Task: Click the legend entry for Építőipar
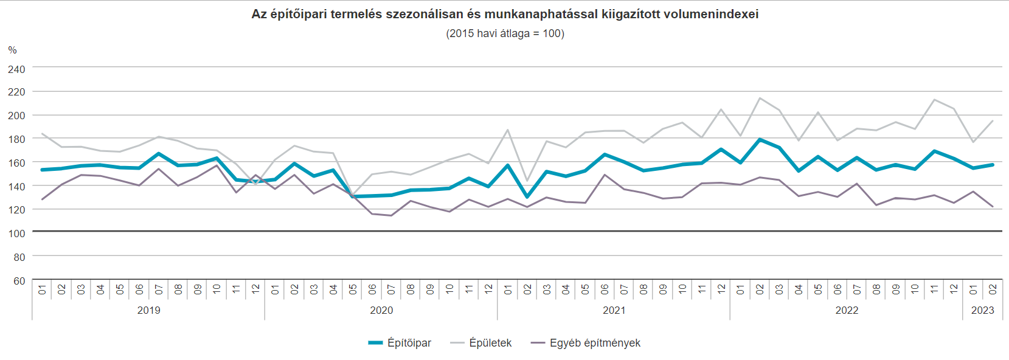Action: coord(409,343)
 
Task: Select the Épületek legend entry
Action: coord(490,343)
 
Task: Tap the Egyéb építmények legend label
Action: coord(595,343)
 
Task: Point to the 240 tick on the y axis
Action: coord(16,69)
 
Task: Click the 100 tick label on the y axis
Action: coord(16,234)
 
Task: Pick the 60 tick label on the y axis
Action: coord(19,281)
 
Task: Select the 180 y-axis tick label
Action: coord(16,139)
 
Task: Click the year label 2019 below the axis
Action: coord(148,310)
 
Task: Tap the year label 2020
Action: coord(381,310)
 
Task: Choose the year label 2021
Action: coord(614,310)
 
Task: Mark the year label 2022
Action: coord(847,310)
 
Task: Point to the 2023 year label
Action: coord(982,310)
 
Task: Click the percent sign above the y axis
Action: coord(12,50)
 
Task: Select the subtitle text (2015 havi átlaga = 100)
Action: coord(505,33)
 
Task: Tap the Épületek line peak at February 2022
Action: coord(760,98)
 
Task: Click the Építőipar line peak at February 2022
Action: coord(760,139)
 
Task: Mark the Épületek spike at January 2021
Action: coord(507,130)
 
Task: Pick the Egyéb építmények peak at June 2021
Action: coord(605,175)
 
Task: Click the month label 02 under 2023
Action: coord(993,289)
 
